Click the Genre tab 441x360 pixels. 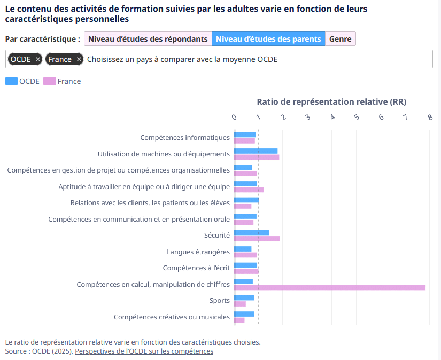click(341, 39)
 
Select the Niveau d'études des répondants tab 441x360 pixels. click(148, 39)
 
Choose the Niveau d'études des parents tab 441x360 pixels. click(268, 39)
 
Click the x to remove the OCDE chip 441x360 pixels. click(38, 59)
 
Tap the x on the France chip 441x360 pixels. click(79, 59)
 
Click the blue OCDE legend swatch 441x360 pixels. click(11, 81)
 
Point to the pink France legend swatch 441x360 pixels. click(50, 81)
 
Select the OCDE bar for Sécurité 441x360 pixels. click(251, 232)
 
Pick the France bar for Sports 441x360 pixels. click(240, 304)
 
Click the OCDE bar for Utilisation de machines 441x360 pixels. click(256, 151)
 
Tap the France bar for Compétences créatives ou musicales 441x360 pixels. click(239, 320)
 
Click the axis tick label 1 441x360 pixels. click(258, 117)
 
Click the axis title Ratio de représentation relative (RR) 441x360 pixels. click(331, 101)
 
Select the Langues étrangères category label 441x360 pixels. click(198, 252)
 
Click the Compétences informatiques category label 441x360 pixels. click(185, 137)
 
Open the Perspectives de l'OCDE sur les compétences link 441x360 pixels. click(144, 351)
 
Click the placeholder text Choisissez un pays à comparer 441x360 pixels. click(182, 59)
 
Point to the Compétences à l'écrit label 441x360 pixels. click(196, 268)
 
